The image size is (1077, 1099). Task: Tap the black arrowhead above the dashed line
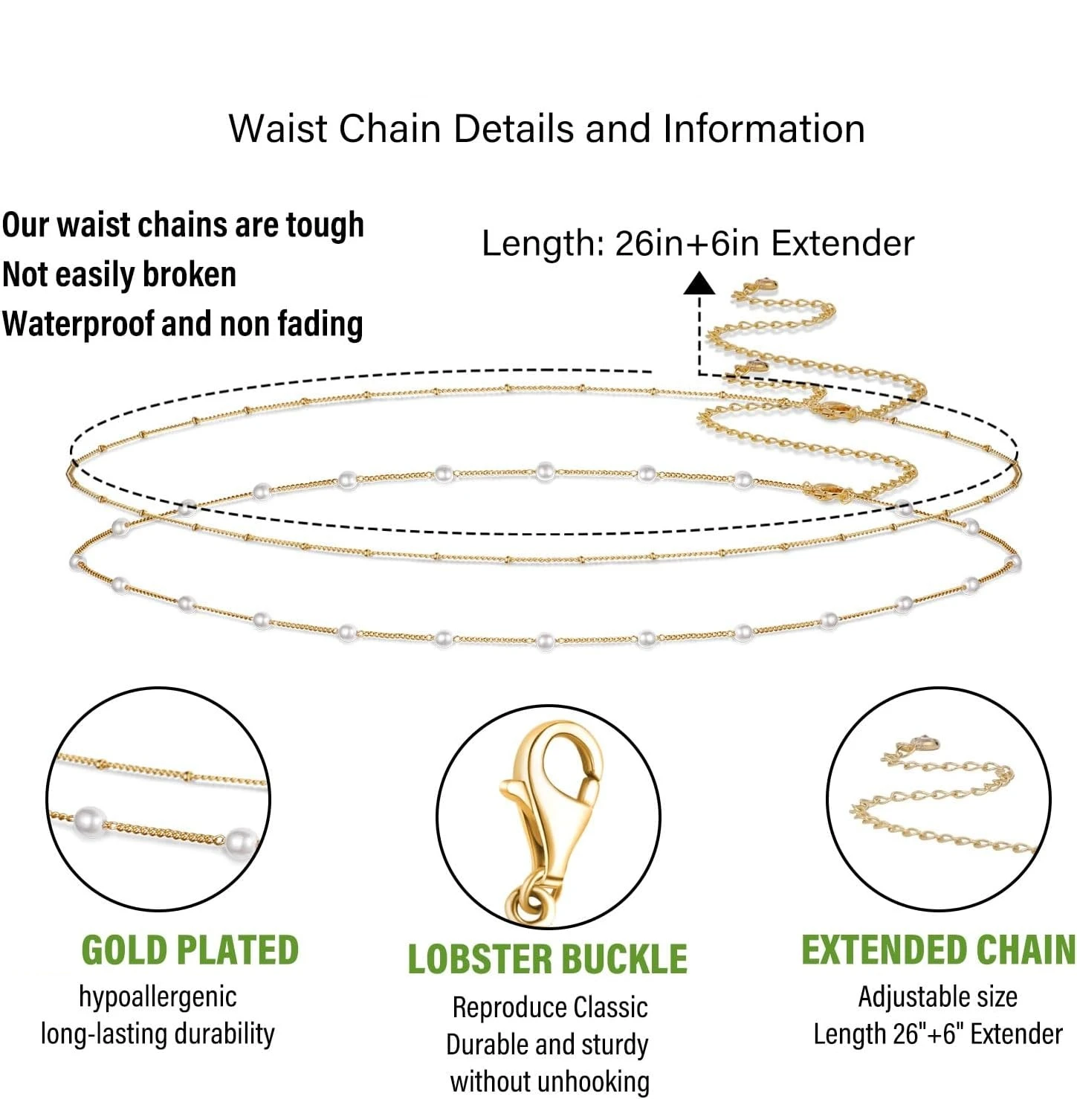point(699,283)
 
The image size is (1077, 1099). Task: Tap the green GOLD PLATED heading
point(190,950)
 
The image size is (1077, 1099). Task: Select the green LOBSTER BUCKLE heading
point(547,959)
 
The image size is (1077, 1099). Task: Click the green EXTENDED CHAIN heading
point(938,950)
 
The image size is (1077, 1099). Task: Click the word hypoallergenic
point(158,997)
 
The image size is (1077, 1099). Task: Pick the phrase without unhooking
point(549,1081)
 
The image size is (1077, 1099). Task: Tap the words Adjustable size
point(937,996)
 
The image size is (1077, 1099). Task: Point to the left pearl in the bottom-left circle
point(89,822)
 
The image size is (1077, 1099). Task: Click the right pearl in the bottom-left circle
point(240,843)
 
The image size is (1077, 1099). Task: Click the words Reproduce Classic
point(549,1008)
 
